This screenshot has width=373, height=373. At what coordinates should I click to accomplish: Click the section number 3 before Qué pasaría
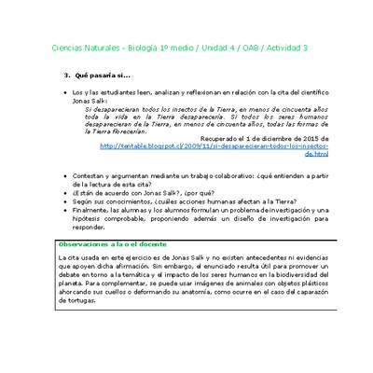click(65, 74)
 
